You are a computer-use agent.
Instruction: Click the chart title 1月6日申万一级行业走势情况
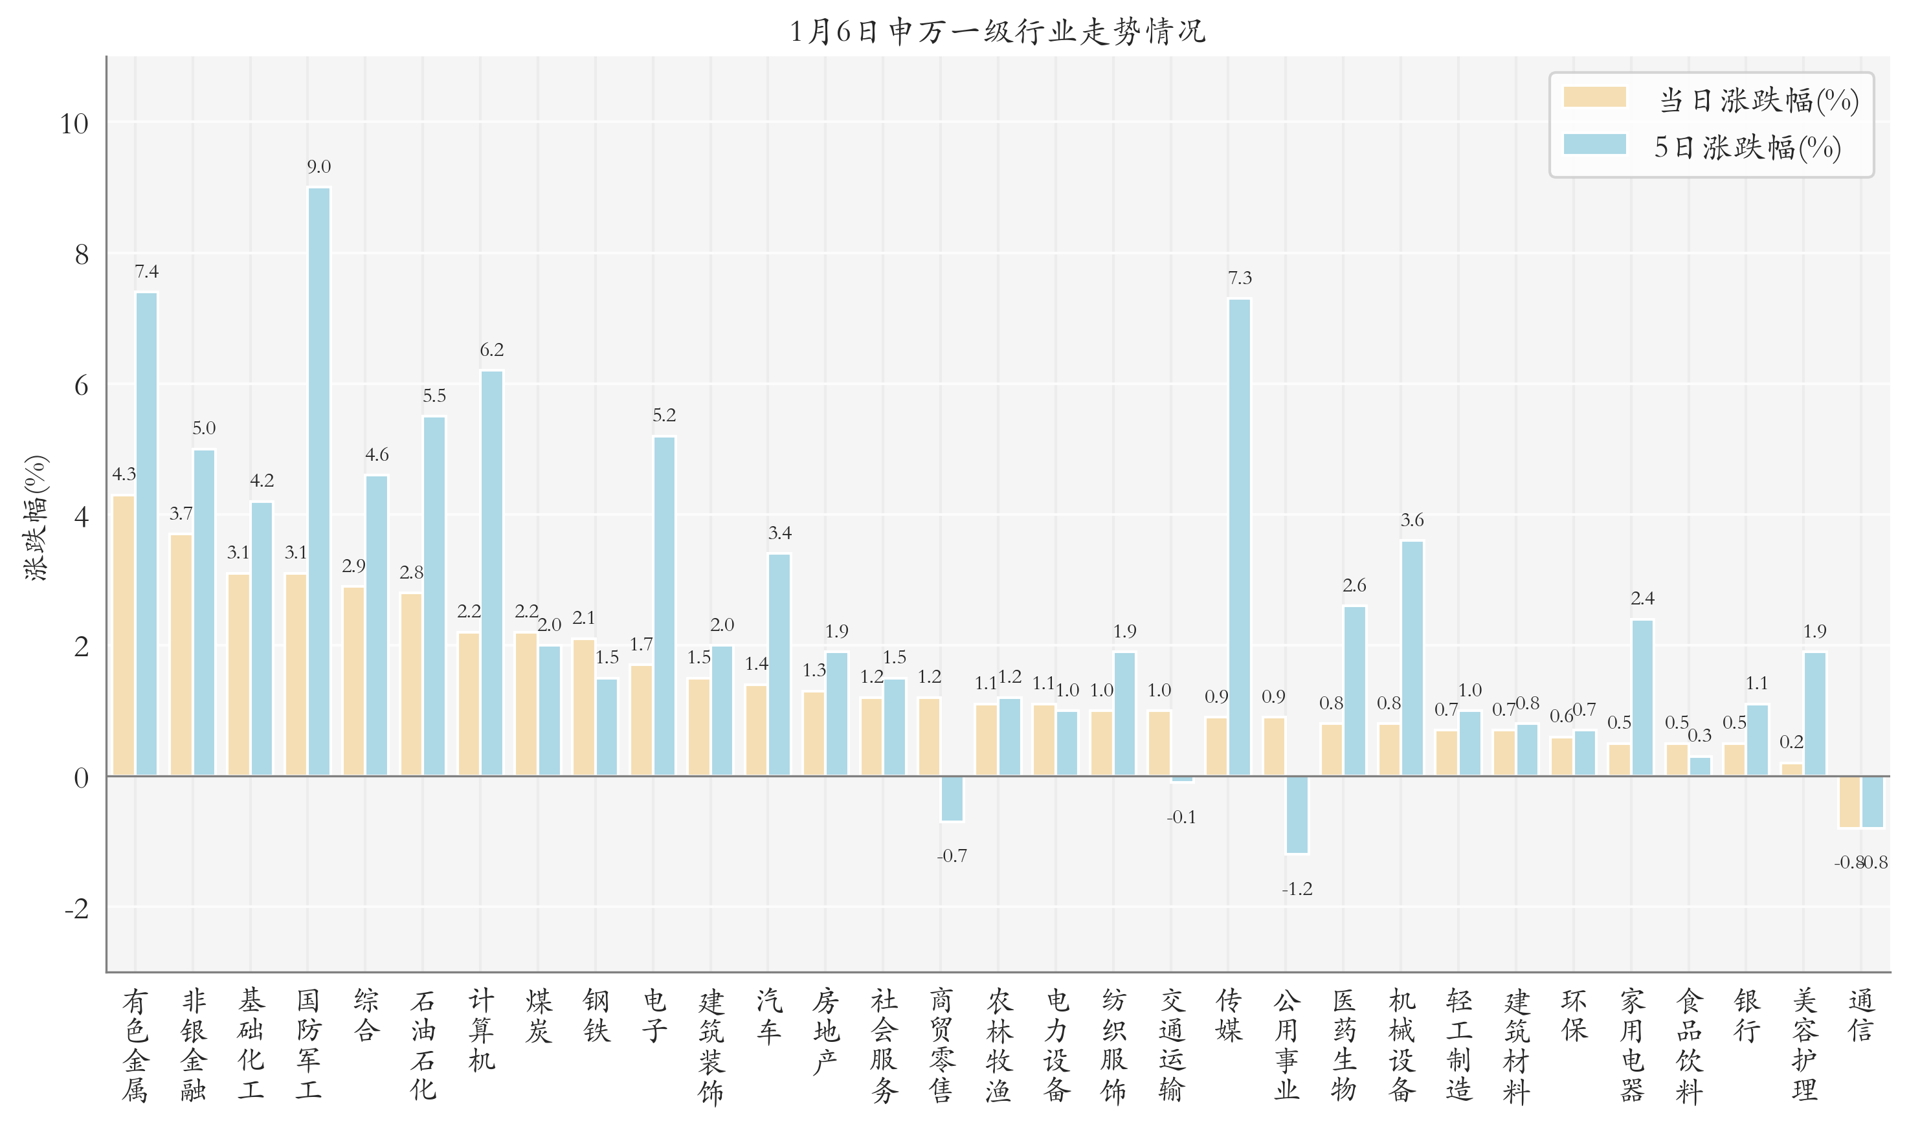pos(997,32)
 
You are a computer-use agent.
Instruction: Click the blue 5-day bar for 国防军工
pos(318,481)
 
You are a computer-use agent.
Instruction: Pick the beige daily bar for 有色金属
pos(124,636)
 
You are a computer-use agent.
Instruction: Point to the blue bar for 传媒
pos(1239,536)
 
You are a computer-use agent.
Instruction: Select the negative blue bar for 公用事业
pos(1297,814)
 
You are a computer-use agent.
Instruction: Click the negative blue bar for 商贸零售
pos(952,798)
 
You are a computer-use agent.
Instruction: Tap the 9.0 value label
pos(318,167)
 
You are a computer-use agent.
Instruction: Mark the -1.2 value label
pos(1297,889)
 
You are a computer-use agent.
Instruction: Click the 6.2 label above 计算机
pos(491,350)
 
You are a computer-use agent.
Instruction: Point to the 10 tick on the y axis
pos(74,124)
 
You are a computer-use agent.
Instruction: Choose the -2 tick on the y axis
pos(77,909)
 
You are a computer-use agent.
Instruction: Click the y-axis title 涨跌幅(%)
pos(36,518)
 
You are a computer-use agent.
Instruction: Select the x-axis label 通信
pos(1860,1015)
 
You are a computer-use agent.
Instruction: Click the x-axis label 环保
pos(1574,1015)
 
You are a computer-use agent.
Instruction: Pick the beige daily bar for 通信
pos(1849,802)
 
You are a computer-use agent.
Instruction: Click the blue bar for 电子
pos(664,606)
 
